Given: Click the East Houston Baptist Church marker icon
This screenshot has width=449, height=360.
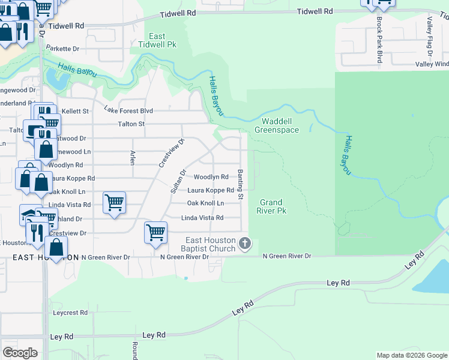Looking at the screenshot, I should tap(244, 244).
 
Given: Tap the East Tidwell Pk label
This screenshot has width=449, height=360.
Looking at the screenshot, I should tap(157, 40).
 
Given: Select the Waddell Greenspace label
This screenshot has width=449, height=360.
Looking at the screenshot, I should tap(276, 125).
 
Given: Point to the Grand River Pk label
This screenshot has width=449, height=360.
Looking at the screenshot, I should tap(271, 206).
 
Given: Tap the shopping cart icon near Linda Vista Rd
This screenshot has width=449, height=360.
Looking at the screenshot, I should tap(114, 202).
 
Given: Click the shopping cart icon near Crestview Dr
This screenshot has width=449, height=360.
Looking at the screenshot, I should tap(155, 232).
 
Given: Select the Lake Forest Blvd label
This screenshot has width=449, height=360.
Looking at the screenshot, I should tap(128, 110).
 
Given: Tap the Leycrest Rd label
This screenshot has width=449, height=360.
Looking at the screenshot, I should tap(70, 313).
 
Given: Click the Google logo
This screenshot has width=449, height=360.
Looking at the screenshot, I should tap(20, 353).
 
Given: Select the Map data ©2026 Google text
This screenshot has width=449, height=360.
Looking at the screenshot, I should tap(411, 355).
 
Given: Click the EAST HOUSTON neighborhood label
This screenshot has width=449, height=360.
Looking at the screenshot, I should tap(46, 257).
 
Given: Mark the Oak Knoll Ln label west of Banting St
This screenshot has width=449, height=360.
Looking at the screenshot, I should tap(205, 203).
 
